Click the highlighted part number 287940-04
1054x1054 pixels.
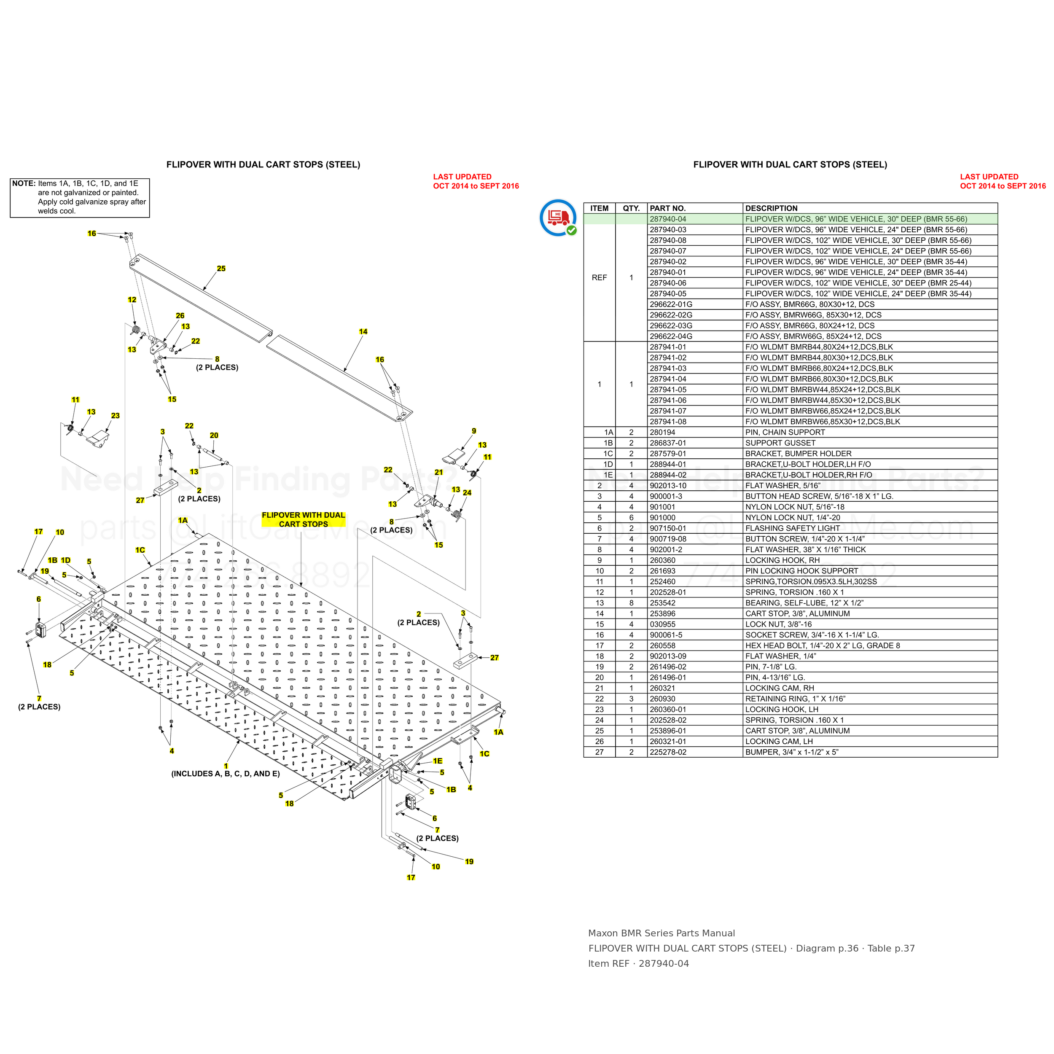point(668,219)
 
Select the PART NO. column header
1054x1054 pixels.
point(668,208)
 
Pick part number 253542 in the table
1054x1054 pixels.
point(662,603)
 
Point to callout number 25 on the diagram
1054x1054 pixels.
point(221,269)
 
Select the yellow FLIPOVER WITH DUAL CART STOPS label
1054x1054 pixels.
point(303,519)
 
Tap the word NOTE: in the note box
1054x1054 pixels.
point(24,183)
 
